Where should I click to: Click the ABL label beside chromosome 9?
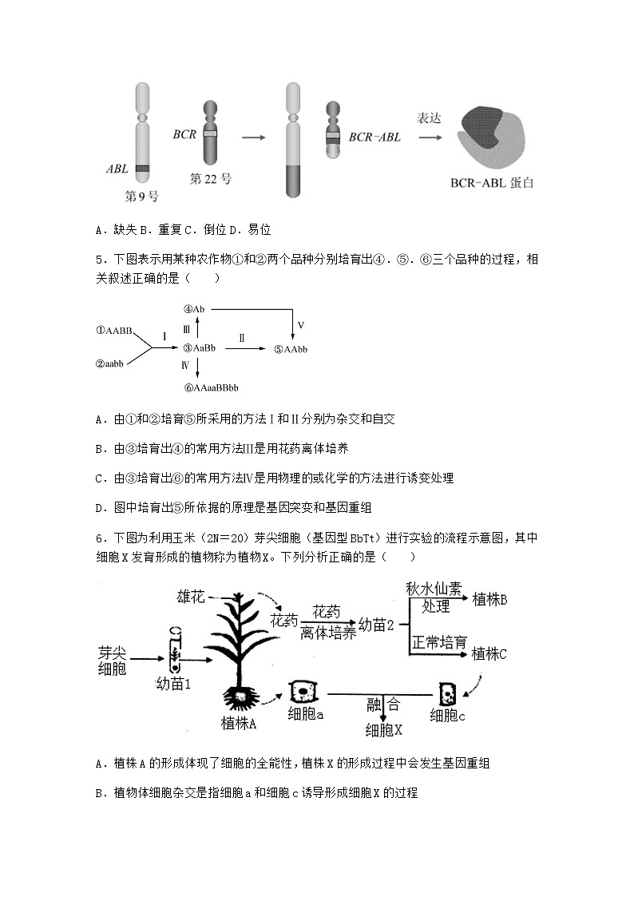[x=117, y=169]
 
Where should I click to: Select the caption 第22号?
[x=211, y=179]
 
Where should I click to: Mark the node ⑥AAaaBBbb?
[x=211, y=387]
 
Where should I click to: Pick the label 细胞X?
[x=384, y=729]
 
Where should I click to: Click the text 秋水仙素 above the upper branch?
[x=434, y=589]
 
